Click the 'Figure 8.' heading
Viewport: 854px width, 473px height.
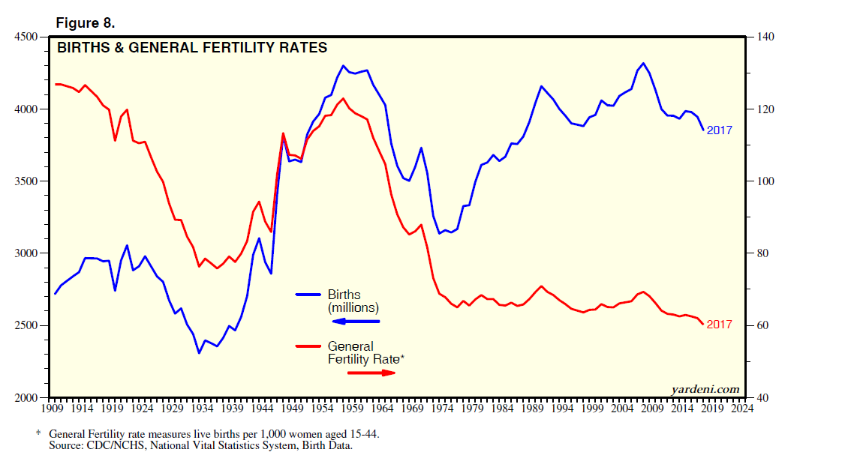pos(85,23)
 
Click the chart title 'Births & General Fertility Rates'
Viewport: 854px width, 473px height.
pos(193,48)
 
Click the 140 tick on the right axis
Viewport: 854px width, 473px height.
pos(759,37)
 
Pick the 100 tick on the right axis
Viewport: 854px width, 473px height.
pos(759,181)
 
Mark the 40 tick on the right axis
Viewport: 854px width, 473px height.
pos(756,397)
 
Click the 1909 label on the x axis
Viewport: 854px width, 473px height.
pos(51,409)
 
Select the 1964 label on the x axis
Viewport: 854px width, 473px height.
pos(382,409)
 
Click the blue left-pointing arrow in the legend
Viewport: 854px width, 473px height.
pos(356,322)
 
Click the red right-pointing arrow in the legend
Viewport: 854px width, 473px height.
pos(371,372)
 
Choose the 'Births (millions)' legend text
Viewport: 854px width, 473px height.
pos(353,301)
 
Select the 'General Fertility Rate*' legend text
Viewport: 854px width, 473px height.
pos(365,353)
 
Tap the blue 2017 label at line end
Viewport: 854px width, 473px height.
pos(719,130)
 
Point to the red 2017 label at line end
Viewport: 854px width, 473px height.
pos(719,325)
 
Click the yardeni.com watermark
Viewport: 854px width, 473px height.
pos(705,389)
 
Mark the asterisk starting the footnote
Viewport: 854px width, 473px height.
pos(38,434)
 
